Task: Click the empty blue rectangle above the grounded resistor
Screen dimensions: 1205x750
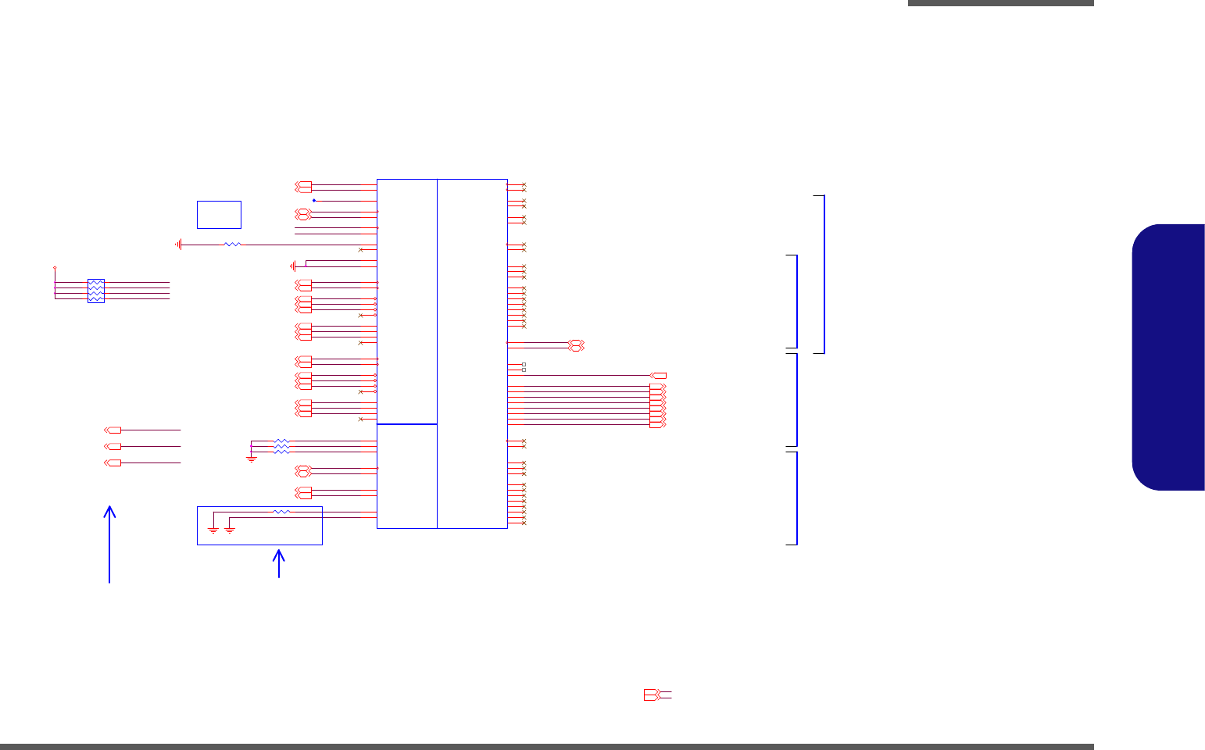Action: [219, 214]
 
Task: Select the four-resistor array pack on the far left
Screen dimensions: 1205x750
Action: [96, 291]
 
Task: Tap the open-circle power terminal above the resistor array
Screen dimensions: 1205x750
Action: [55, 267]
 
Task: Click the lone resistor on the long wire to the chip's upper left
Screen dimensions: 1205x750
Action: [232, 245]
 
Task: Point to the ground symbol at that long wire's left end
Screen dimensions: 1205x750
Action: [179, 245]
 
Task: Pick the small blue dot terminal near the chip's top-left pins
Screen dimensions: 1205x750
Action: [314, 201]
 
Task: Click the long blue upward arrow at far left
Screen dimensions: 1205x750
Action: [110, 543]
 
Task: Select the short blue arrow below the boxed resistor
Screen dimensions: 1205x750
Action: [279, 563]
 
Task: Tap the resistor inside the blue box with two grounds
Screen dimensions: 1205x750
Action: [281, 512]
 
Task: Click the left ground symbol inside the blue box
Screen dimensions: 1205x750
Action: [213, 530]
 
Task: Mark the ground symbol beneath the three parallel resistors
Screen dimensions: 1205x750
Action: [252, 459]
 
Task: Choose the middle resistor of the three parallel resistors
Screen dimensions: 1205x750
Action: [282, 447]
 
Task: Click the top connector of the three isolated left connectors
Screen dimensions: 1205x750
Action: [113, 430]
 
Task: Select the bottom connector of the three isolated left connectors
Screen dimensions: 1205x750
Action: [113, 463]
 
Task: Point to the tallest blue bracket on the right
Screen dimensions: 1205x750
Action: [820, 274]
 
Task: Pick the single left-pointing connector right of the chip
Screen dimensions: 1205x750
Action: [659, 376]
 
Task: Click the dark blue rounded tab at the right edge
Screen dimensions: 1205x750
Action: [1168, 357]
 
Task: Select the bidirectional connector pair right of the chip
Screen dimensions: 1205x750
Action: [577, 345]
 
